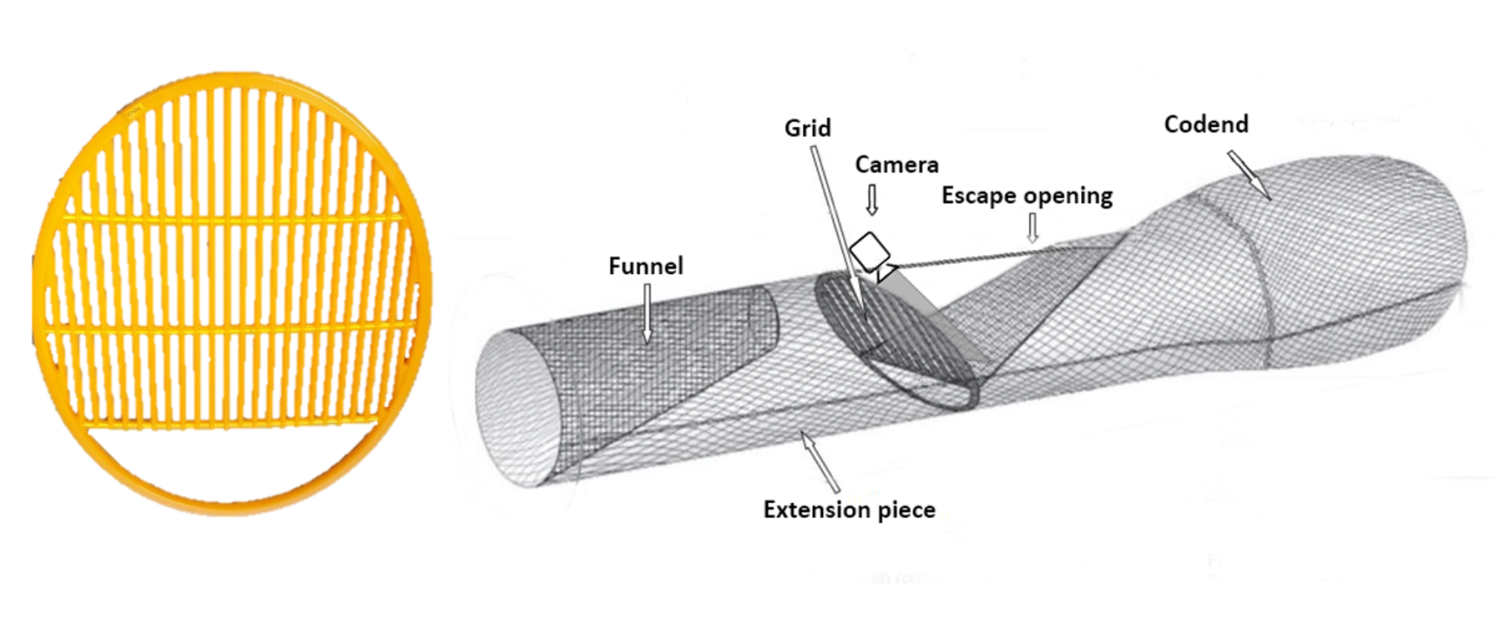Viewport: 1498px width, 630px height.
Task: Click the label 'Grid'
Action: click(807, 128)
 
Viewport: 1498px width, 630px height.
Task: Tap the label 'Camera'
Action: click(896, 165)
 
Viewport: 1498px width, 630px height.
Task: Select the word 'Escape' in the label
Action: click(978, 196)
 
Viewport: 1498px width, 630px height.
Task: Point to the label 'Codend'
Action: click(1206, 124)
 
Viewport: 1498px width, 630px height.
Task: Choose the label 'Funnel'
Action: click(645, 266)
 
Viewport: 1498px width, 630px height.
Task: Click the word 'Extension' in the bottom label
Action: click(816, 510)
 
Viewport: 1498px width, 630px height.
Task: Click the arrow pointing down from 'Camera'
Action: click(871, 199)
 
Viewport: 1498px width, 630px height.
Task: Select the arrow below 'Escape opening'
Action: click(1032, 227)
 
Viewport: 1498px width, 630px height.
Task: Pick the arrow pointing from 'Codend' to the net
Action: click(1249, 175)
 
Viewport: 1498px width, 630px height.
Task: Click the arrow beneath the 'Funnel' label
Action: click(647, 314)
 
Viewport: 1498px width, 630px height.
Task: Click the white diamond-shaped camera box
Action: click(870, 252)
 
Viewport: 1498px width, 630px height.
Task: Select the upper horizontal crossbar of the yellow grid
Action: click(231, 218)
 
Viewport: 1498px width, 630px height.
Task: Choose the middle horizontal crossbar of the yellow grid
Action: click(231, 326)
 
